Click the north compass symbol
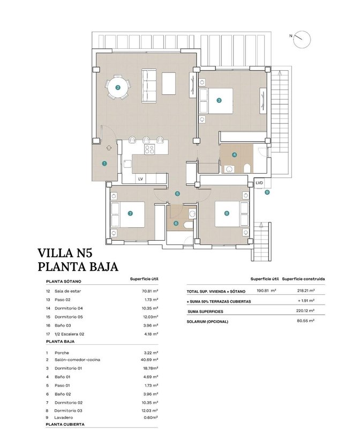[x=302, y=39]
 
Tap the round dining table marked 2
[x=118, y=87]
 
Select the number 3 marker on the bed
[x=219, y=100]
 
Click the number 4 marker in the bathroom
[x=234, y=155]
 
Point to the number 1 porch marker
[x=104, y=164]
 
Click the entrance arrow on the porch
[x=109, y=148]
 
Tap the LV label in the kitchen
[x=140, y=179]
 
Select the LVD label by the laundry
[x=259, y=183]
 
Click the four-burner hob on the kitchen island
[x=149, y=149]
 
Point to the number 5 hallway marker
[x=177, y=194]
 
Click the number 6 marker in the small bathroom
[x=176, y=223]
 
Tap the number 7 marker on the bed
[x=130, y=213]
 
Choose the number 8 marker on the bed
[x=226, y=213]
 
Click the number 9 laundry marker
[x=267, y=192]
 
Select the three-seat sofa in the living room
[x=149, y=86]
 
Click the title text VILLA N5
[x=65, y=253]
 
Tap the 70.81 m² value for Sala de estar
[x=150, y=291]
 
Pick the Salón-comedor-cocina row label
[x=77, y=360]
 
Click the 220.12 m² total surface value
[x=305, y=310]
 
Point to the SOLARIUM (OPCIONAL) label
[x=207, y=322]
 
